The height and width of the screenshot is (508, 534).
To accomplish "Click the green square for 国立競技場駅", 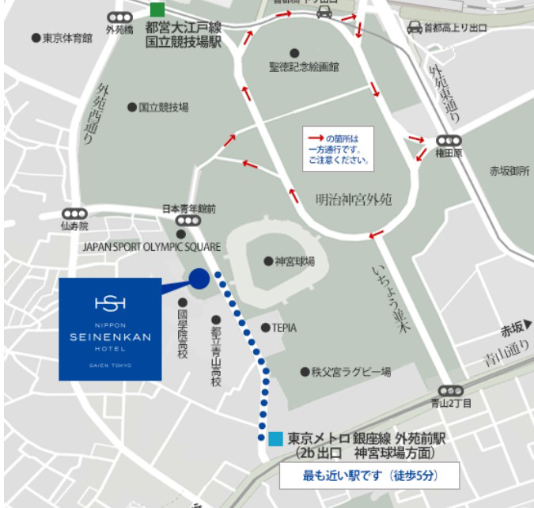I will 157,10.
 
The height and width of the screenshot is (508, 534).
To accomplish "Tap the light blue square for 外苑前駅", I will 275,438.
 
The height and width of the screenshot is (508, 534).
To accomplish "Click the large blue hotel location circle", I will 199,278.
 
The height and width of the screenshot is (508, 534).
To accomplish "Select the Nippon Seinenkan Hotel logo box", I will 111,328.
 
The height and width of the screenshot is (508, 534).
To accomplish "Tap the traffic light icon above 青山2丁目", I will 450,390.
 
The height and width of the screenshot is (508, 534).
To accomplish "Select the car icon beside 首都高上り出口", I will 415,28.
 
